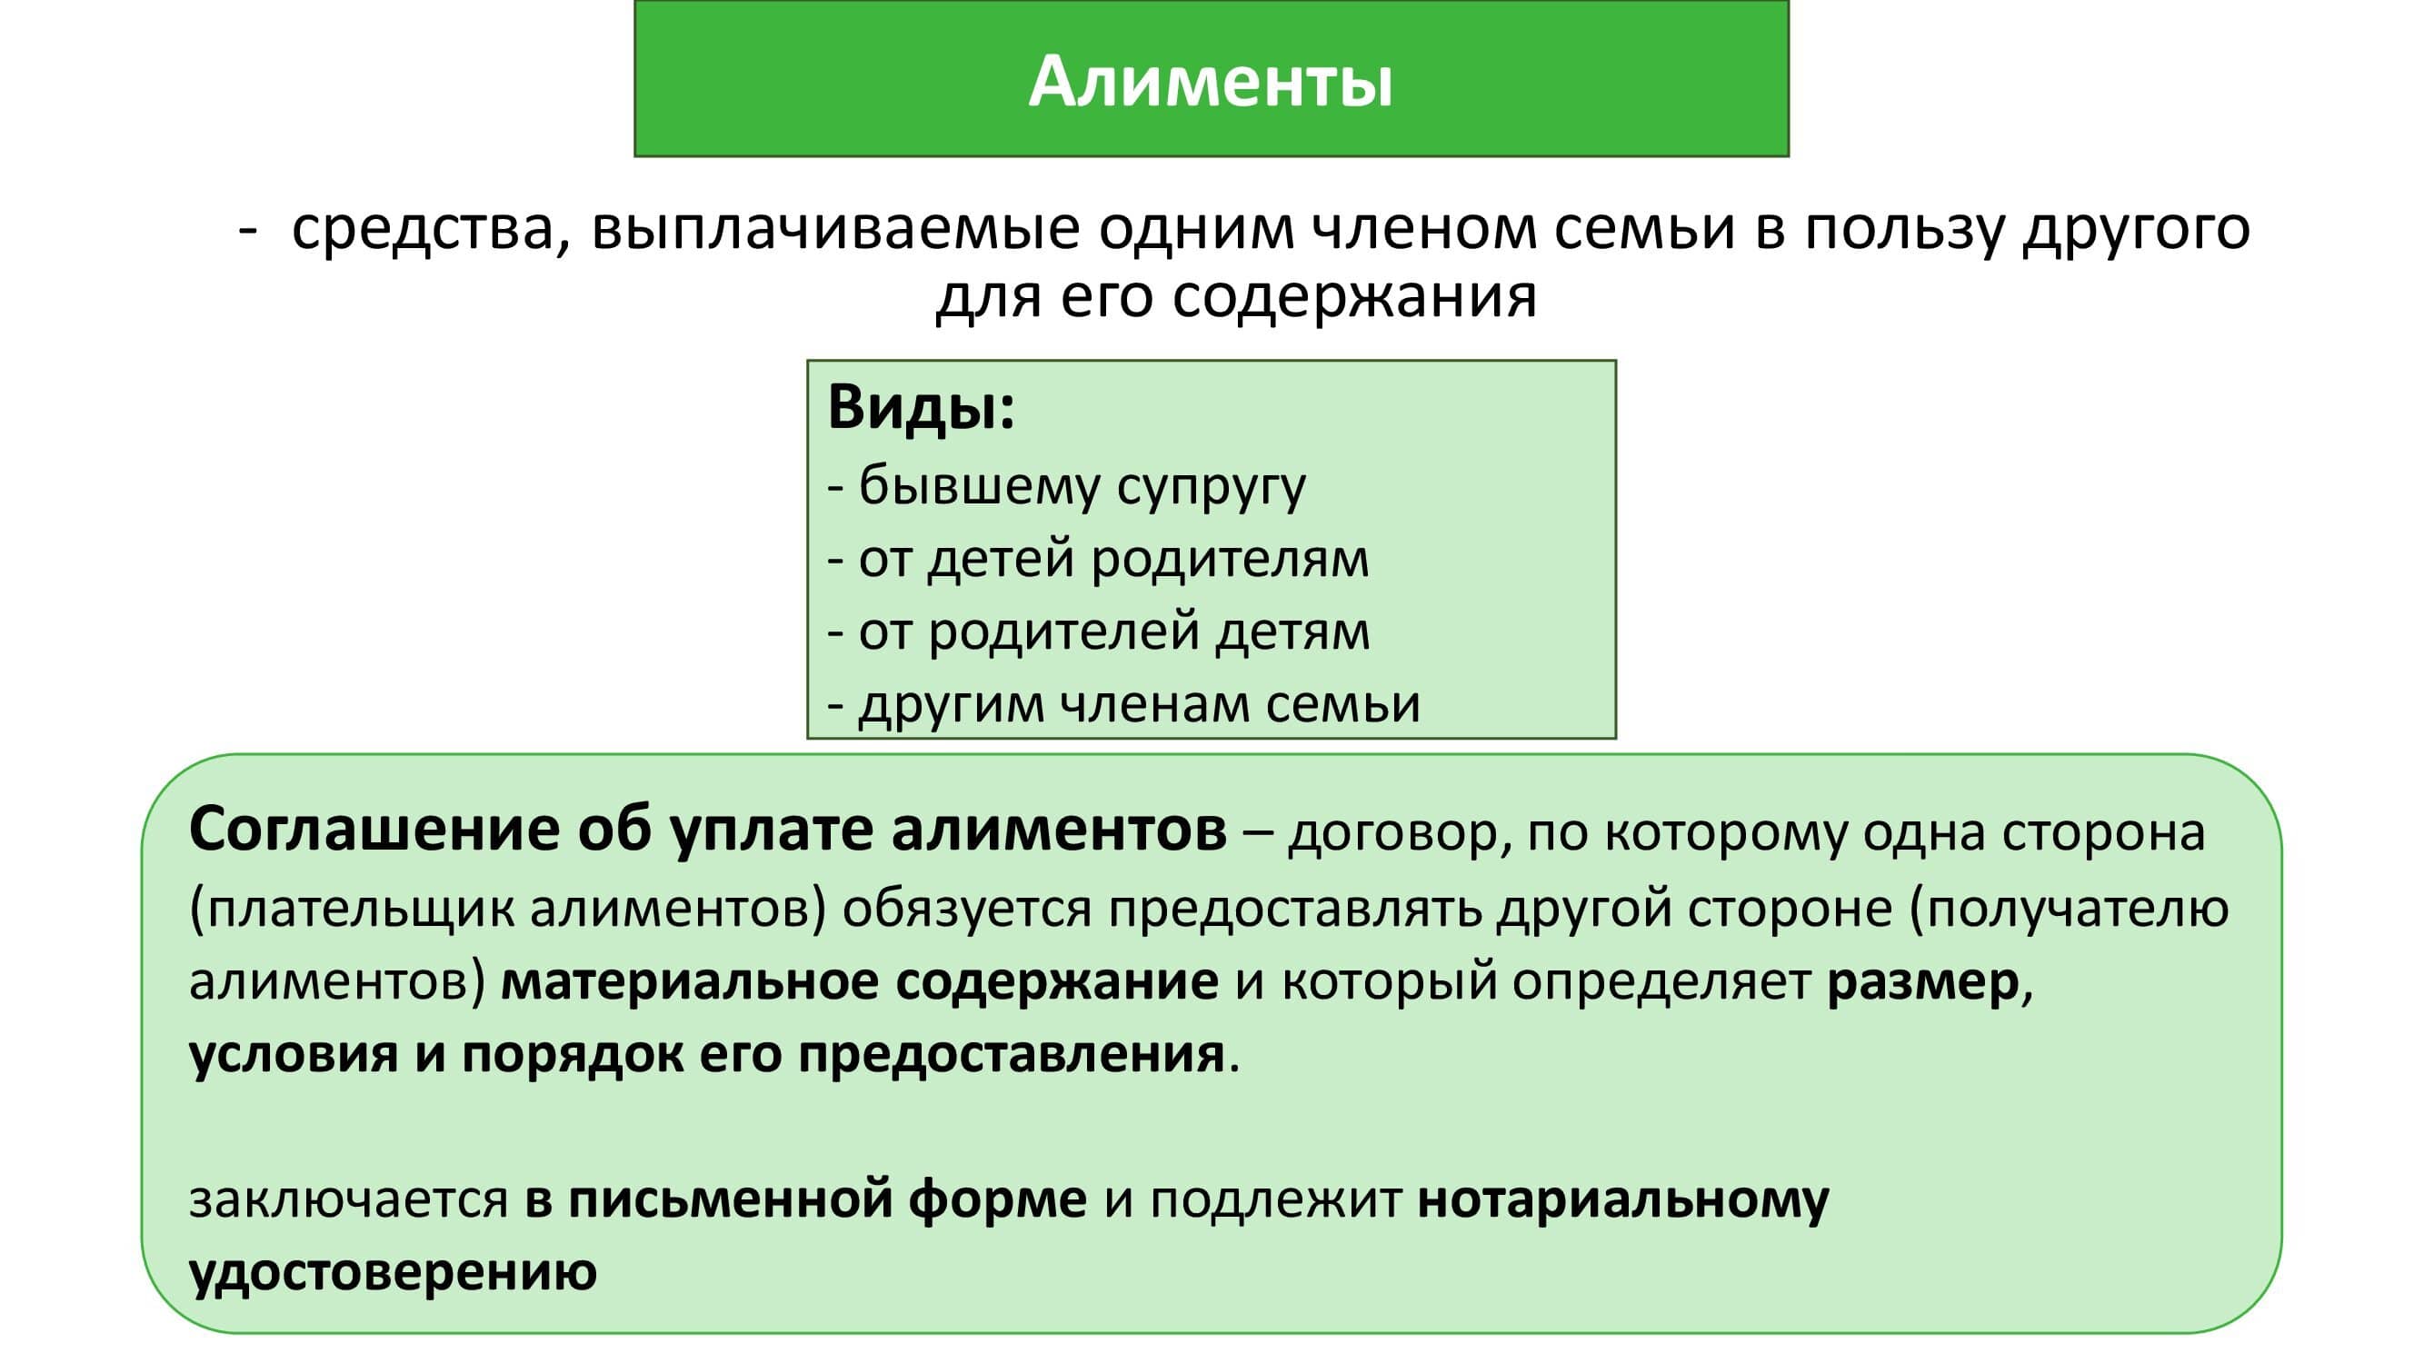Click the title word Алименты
(x=1210, y=82)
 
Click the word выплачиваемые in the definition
(x=834, y=229)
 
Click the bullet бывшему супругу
(x=1066, y=487)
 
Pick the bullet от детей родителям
(x=1098, y=559)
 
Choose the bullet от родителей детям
(x=1098, y=632)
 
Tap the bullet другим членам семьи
(x=1123, y=703)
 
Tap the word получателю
(x=2078, y=909)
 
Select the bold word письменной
(x=729, y=1201)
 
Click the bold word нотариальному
(x=1623, y=1201)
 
